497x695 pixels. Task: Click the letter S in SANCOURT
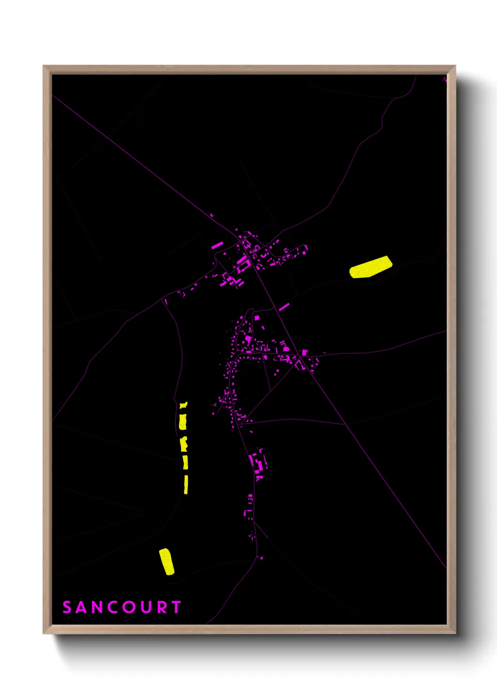[x=67, y=607]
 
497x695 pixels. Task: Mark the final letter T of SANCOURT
[x=176, y=607]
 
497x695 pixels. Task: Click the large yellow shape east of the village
[x=371, y=268]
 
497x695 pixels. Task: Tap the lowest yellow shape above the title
[x=167, y=561]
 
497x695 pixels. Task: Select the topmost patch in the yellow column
[x=183, y=405]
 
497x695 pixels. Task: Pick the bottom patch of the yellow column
[x=186, y=484]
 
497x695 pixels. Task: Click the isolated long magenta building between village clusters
[x=284, y=307]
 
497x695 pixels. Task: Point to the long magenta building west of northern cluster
[x=217, y=245]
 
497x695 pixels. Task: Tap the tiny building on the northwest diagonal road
[x=211, y=215]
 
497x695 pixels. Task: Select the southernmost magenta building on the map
[x=261, y=558]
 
